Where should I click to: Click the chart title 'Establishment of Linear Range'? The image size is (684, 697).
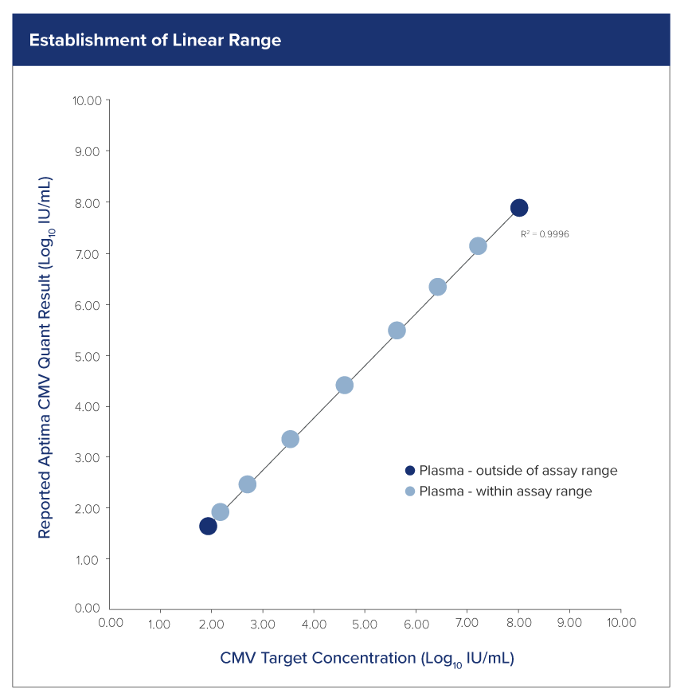tap(155, 40)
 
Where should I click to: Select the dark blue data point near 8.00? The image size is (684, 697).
tap(519, 208)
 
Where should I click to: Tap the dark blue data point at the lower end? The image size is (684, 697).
tap(208, 526)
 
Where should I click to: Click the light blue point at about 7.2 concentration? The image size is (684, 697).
tap(478, 246)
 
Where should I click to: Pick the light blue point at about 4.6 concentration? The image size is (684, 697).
tap(344, 386)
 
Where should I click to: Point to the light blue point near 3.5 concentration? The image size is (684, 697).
tap(291, 440)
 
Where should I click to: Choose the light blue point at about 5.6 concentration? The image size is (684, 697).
tap(397, 331)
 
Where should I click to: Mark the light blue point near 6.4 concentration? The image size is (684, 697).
tap(437, 287)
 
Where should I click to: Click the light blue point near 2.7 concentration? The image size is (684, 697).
tap(247, 484)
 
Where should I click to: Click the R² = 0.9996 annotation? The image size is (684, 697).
tap(545, 234)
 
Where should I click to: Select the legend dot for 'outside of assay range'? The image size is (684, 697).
tap(410, 471)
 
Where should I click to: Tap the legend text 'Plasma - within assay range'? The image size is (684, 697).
tap(506, 491)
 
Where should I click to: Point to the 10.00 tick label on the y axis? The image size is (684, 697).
tap(87, 100)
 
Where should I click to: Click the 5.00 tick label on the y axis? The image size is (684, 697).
tap(88, 355)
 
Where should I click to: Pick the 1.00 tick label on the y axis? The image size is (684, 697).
tap(88, 559)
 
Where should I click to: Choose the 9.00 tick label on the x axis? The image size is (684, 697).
tap(569, 622)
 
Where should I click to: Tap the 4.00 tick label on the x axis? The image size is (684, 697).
tap(314, 622)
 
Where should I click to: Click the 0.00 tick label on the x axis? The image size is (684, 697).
tap(110, 622)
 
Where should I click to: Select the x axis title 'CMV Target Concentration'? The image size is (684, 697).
tap(366, 659)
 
